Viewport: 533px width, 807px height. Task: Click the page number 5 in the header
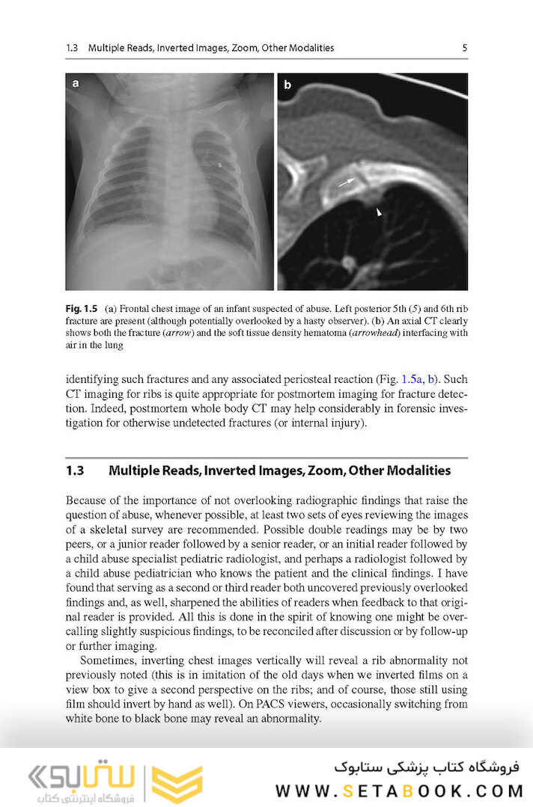click(x=464, y=48)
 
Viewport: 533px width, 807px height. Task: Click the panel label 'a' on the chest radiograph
click(x=76, y=84)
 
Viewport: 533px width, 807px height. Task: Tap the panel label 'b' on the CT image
click(x=287, y=85)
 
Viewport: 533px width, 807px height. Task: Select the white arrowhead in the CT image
click(x=379, y=213)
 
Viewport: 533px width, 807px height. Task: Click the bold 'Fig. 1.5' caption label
click(x=83, y=309)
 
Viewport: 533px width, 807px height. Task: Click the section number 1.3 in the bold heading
click(x=75, y=470)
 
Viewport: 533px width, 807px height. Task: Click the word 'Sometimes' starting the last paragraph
click(x=109, y=661)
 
